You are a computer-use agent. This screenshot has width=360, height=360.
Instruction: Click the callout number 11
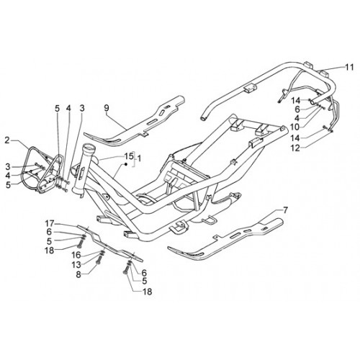click(x=349, y=67)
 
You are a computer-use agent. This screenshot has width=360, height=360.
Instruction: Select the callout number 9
click(x=107, y=108)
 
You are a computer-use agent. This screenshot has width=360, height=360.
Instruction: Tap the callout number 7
click(x=285, y=210)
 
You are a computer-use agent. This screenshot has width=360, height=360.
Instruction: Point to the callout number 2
click(x=7, y=140)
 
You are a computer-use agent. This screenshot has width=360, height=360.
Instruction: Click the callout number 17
click(x=50, y=224)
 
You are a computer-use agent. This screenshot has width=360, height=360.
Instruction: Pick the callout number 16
click(x=77, y=255)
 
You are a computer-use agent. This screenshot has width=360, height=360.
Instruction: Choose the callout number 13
click(x=77, y=265)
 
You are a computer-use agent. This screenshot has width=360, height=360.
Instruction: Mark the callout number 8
click(x=78, y=275)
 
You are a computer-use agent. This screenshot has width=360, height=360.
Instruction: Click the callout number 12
click(x=295, y=148)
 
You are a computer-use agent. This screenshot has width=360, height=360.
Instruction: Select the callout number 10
click(x=295, y=127)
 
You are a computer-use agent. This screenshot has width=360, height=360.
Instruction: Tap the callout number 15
click(x=129, y=156)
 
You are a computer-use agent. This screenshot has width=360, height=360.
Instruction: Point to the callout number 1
click(x=139, y=158)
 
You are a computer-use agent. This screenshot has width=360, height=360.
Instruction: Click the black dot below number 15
click(x=125, y=164)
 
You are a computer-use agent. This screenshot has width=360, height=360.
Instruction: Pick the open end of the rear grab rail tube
click(x=203, y=117)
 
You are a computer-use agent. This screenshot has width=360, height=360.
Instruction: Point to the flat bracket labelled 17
click(x=109, y=243)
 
